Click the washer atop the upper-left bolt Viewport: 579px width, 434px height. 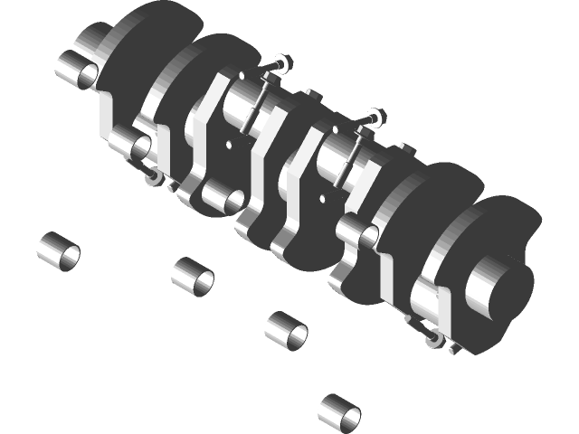[282, 63]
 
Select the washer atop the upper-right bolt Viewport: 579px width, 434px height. [378, 116]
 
